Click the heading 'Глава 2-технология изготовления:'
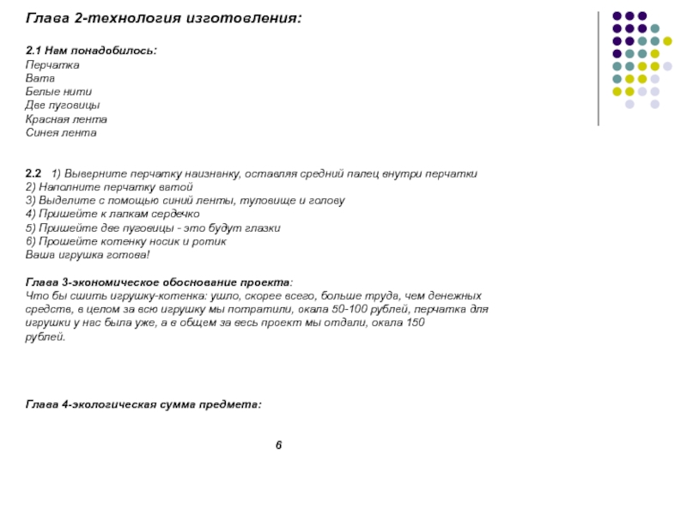click(163, 17)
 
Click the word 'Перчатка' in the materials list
click(52, 64)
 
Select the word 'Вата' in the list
click(40, 78)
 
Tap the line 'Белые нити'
click(58, 92)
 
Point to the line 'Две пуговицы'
click(63, 106)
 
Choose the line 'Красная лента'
click(66, 119)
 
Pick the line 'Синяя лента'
click(61, 133)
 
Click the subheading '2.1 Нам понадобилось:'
click(91, 51)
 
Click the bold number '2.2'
click(34, 173)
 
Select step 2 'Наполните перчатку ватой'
click(109, 187)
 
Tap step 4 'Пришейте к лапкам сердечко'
click(112, 215)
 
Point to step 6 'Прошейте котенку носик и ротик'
click(126, 242)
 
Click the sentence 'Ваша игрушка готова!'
click(88, 256)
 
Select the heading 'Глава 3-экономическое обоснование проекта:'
click(159, 282)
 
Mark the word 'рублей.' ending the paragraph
click(45, 336)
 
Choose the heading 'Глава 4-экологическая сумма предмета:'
click(143, 403)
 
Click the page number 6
click(278, 445)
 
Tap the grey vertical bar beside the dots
click(599, 69)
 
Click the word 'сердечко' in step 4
click(177, 215)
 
